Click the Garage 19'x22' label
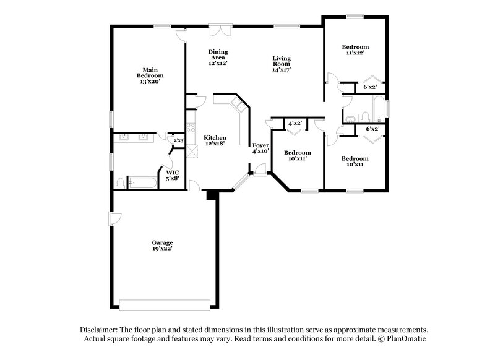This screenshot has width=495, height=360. pos(163,245)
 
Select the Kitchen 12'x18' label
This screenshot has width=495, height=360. pos(215,140)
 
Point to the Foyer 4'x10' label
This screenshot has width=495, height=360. pos(260,147)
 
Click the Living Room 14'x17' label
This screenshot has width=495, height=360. pos(281,64)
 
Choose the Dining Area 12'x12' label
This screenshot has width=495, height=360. pos(218,57)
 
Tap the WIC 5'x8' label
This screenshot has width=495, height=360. pos(171,175)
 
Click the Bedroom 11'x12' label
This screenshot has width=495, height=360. pos(355,50)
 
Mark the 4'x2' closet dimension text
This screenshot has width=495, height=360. pos(295,123)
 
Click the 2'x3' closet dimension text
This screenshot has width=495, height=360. pos(178,140)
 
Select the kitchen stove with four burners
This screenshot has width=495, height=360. pos(191,118)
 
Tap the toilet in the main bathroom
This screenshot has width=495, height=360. pos(121,183)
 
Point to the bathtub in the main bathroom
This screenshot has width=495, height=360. pos(142,183)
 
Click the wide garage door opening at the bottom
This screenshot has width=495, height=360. pos(163,306)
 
